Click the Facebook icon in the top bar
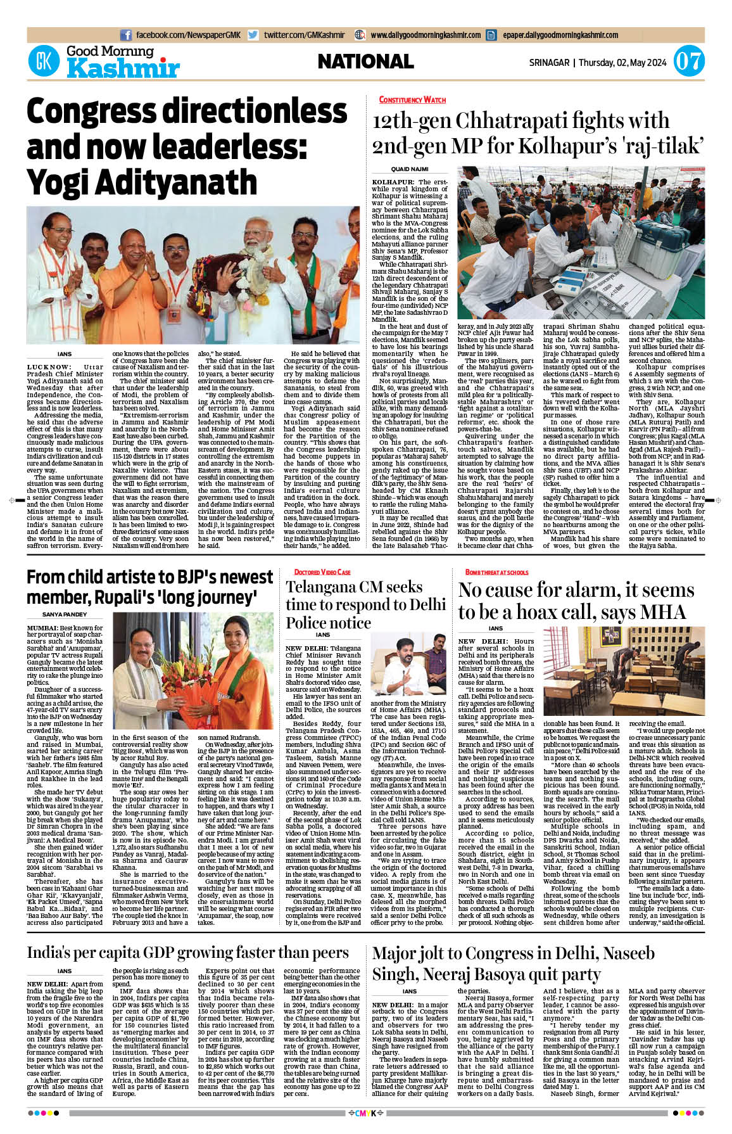click(125, 35)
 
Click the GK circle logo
click(44, 61)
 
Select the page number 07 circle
click(688, 62)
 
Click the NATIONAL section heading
click(365, 61)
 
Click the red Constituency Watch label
click(412, 99)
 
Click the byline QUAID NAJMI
click(410, 169)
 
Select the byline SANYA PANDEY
click(65, 615)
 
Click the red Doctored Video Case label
click(322, 572)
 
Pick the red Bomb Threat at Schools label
click(496, 572)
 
